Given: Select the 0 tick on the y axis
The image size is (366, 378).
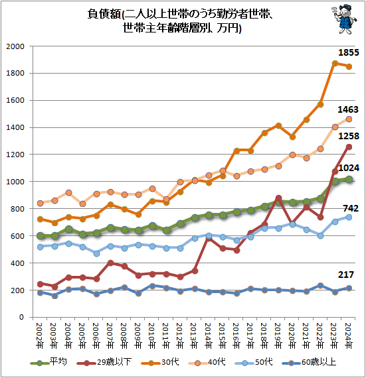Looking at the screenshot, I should (x=21, y=317).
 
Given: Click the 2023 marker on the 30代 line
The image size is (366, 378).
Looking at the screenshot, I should (x=335, y=63).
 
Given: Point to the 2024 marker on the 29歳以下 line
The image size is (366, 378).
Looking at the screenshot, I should (x=349, y=147).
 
